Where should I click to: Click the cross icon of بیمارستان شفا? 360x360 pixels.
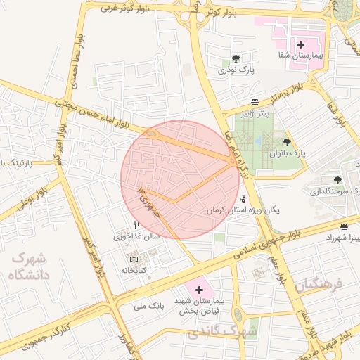click(x=300, y=44)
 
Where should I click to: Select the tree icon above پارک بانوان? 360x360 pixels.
click(x=287, y=142)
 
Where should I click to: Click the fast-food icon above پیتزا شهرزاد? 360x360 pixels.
click(x=344, y=226)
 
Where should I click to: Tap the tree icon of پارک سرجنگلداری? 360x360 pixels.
click(x=337, y=180)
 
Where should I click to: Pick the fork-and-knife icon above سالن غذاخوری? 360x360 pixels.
click(x=136, y=226)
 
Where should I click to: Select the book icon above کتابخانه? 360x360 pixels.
click(x=134, y=259)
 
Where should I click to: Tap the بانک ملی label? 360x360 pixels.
click(x=148, y=307)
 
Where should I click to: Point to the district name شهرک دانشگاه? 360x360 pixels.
click(x=27, y=267)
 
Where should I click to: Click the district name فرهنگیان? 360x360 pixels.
click(x=318, y=285)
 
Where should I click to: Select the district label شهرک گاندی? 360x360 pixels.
click(x=233, y=330)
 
